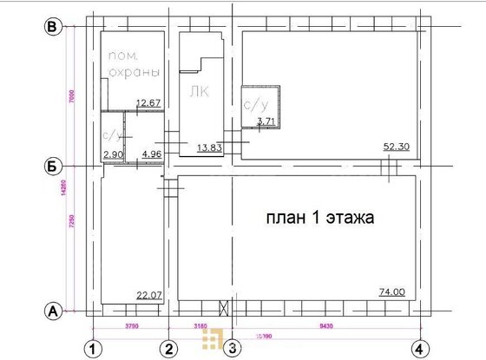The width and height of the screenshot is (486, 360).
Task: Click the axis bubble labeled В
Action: (52, 28)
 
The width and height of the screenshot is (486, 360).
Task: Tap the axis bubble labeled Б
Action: (52, 165)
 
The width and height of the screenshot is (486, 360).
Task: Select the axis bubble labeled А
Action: (52, 310)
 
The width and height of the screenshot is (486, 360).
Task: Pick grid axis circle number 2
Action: (170, 349)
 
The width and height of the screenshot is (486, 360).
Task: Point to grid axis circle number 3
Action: (232, 349)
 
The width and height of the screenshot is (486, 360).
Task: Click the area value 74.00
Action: (393, 292)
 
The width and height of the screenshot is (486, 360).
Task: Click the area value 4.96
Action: (152, 154)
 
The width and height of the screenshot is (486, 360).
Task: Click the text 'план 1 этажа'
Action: (320, 219)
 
